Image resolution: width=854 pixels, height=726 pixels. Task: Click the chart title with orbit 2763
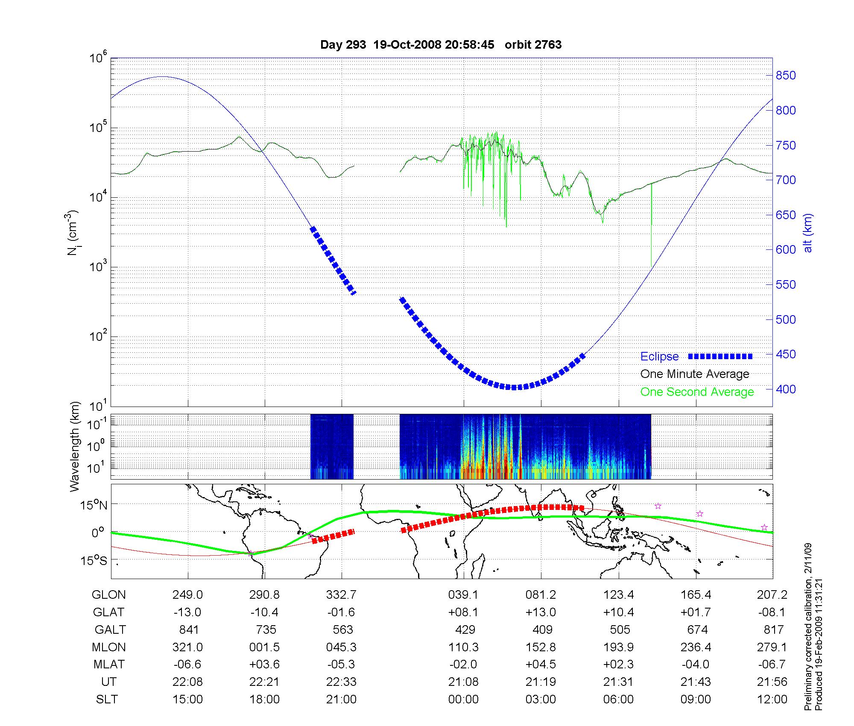[x=441, y=45]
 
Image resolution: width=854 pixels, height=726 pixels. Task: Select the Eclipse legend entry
[x=659, y=357]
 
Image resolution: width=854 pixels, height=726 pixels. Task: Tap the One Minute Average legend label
[x=695, y=374]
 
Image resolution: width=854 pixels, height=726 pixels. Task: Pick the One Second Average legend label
[x=697, y=392]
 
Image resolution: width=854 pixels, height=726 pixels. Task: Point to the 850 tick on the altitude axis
[x=786, y=76]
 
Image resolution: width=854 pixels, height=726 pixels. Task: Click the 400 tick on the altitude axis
[x=786, y=389]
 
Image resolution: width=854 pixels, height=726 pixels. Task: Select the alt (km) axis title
[x=808, y=233]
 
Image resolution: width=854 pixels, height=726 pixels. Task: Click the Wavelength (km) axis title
[x=75, y=447]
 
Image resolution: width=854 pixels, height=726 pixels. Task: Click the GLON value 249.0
[x=187, y=594]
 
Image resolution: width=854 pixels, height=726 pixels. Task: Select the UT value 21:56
[x=772, y=682]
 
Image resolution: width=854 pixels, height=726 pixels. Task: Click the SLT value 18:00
[x=265, y=699]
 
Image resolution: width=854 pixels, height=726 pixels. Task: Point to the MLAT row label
[x=109, y=665]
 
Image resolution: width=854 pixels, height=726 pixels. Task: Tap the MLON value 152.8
[x=541, y=647]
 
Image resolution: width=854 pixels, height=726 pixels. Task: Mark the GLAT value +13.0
[x=541, y=612]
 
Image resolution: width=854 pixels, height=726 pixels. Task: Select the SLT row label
[x=107, y=699]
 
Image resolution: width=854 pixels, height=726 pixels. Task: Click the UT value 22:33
[x=341, y=682]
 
